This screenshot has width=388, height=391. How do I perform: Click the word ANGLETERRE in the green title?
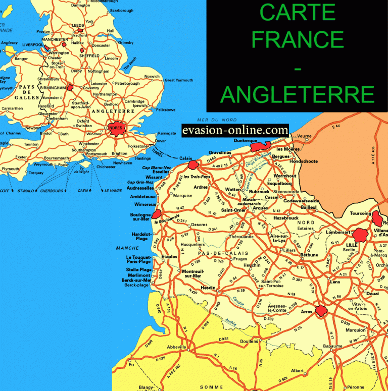click(297, 95)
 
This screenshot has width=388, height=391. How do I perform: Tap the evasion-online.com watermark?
click(235, 131)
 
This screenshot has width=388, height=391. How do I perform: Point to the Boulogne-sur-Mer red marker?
click(157, 215)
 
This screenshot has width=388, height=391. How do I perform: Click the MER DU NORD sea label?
click(217, 120)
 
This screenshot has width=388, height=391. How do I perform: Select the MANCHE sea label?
click(127, 248)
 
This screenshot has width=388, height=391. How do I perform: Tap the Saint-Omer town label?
click(233, 210)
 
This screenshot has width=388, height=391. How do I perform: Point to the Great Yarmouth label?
click(179, 80)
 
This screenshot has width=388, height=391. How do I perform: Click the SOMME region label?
click(211, 386)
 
